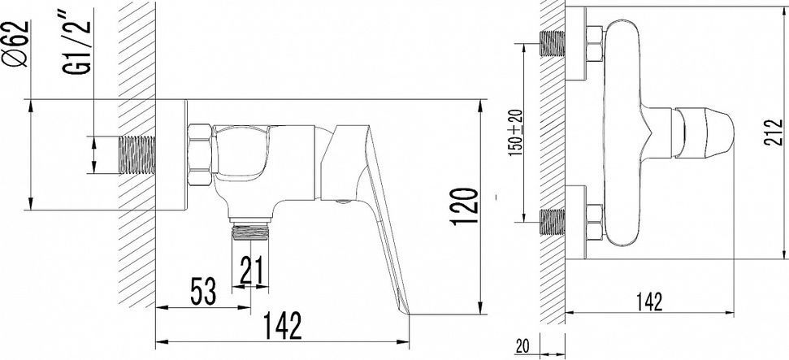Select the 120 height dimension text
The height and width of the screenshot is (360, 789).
click(464, 206)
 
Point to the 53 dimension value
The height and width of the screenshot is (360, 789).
click(204, 290)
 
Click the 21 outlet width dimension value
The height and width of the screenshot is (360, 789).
click(252, 271)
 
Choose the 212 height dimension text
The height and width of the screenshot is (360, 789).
click(774, 132)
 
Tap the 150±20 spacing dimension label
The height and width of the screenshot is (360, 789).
click(515, 132)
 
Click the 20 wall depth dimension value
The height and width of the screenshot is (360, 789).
click(522, 346)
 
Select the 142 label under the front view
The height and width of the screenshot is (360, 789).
click(648, 301)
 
